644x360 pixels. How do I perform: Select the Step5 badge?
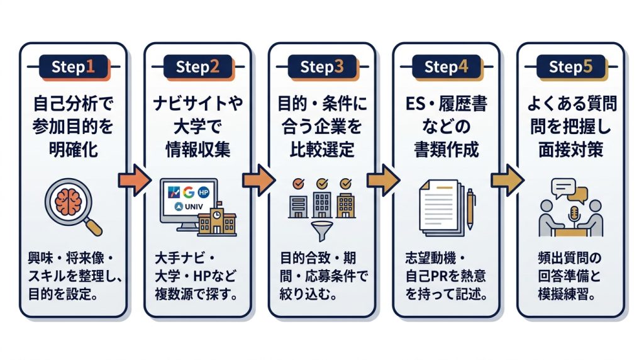point(571,67)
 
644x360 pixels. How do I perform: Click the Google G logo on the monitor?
point(189,192)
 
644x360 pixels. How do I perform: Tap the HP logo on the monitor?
point(203,192)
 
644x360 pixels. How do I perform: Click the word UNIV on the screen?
point(194,206)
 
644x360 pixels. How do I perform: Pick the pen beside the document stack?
point(470,208)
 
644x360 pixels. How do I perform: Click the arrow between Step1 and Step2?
point(135,180)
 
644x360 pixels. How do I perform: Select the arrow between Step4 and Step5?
point(508,180)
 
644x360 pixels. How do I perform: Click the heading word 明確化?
point(74,149)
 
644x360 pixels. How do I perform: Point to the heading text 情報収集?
point(197,149)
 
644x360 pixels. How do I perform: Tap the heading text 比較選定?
point(322,149)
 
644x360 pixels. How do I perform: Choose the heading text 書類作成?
point(447,149)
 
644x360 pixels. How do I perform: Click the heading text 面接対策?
point(571,149)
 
